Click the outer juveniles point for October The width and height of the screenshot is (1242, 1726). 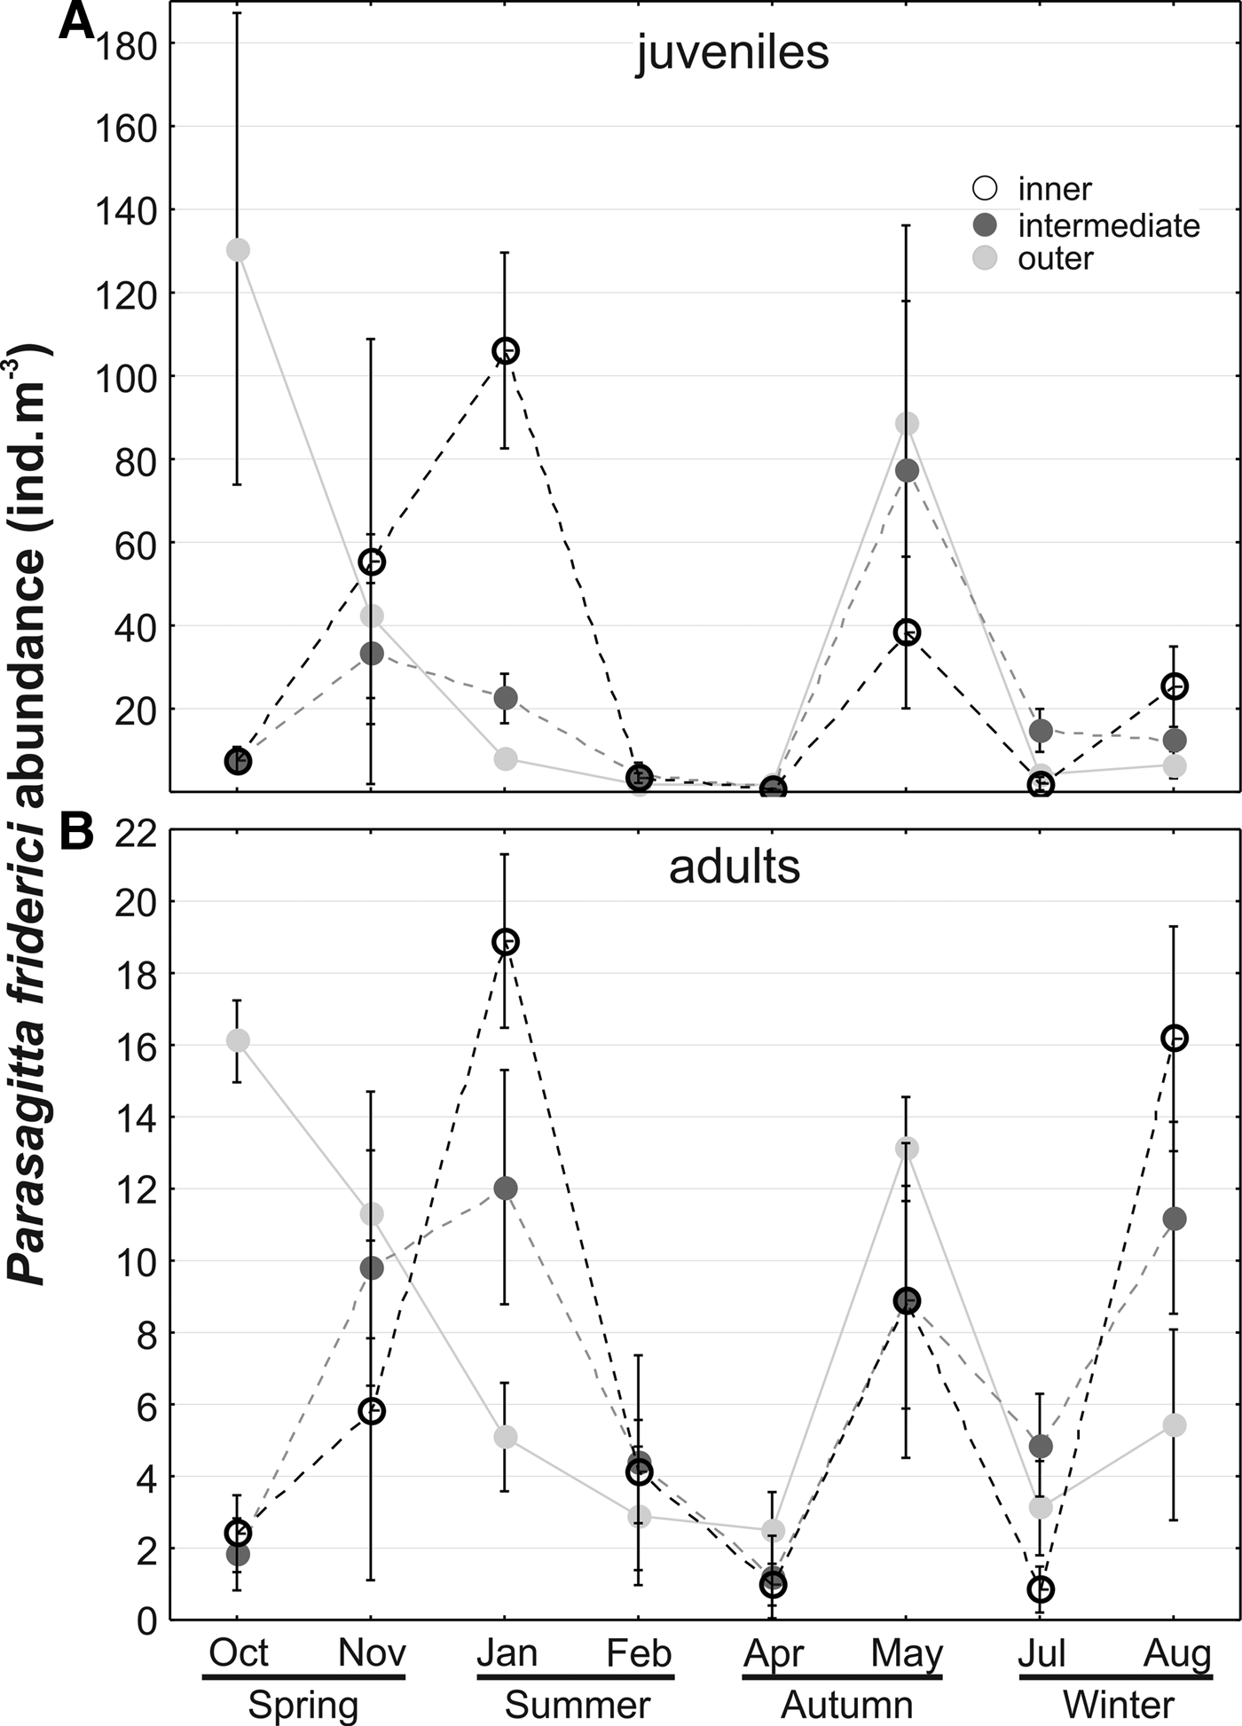(238, 250)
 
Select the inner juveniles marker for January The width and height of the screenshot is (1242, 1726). (506, 351)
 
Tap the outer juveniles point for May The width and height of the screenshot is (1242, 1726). (907, 424)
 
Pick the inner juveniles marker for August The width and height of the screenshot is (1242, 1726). (1175, 686)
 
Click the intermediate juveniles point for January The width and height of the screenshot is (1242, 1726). (506, 698)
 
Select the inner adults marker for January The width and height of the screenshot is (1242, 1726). (506, 941)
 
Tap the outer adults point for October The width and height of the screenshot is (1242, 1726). (238, 1040)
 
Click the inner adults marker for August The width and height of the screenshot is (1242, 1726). (1175, 1038)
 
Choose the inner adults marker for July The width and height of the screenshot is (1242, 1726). (1042, 1589)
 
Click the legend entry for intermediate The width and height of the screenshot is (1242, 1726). (1108, 225)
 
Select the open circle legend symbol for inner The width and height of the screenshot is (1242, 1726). (986, 189)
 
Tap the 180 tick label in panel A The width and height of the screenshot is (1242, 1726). (122, 43)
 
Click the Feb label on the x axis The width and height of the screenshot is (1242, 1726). (639, 1653)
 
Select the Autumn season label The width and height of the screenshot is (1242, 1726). (846, 1706)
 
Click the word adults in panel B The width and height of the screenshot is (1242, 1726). (735, 867)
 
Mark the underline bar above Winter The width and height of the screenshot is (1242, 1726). (1115, 1677)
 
